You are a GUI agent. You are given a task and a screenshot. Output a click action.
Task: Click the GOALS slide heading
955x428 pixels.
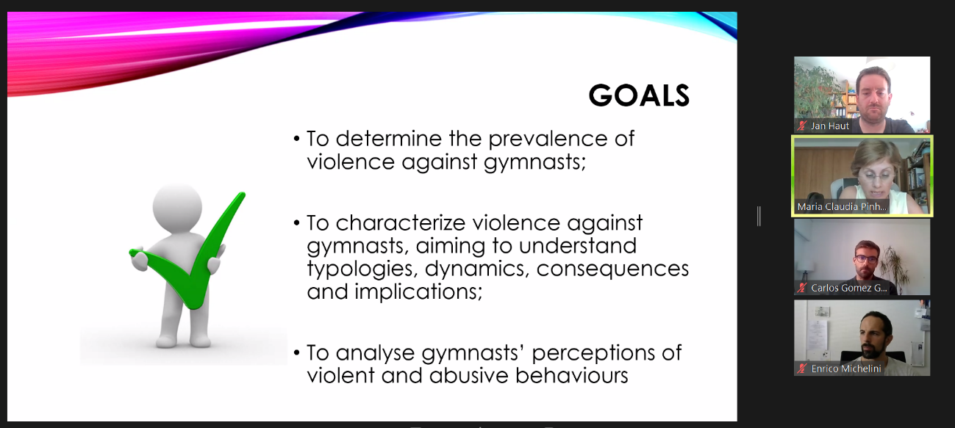[x=639, y=95]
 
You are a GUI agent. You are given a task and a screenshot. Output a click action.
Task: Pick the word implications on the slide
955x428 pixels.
[x=418, y=292]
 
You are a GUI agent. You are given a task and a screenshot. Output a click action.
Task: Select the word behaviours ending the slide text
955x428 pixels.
[x=571, y=376]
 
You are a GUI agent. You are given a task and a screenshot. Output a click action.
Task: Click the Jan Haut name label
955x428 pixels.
[x=830, y=126]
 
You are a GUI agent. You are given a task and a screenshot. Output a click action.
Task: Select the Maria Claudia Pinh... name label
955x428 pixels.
[x=842, y=207]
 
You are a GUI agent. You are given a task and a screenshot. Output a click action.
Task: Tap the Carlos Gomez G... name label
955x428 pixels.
[x=848, y=288]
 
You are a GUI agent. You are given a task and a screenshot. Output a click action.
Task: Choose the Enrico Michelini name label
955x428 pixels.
[x=846, y=369]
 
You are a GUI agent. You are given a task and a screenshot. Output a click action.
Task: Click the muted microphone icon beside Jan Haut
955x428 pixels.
[x=802, y=126]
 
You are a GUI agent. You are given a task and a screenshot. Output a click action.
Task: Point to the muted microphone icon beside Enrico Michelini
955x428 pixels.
[x=802, y=369]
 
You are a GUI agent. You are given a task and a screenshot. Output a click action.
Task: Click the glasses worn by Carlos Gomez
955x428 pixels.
[x=865, y=258]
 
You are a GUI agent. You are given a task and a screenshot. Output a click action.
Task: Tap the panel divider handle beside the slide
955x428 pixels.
[x=759, y=217]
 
